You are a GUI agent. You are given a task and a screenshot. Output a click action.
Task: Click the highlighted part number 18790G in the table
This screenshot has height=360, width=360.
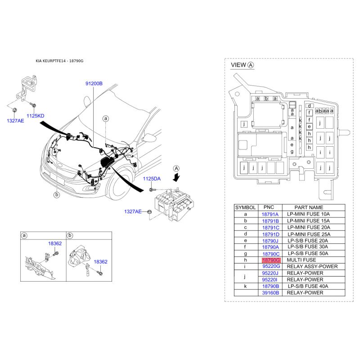[271, 260]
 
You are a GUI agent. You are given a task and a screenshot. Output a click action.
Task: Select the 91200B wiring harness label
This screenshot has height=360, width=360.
[94, 84]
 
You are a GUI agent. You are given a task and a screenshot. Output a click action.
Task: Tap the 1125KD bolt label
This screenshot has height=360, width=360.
[36, 116]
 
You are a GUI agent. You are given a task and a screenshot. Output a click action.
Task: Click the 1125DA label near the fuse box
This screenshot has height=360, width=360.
[152, 179]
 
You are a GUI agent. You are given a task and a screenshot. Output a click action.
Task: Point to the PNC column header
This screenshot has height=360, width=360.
[269, 207]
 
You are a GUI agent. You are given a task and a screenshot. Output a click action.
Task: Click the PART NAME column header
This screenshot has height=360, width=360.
[309, 207]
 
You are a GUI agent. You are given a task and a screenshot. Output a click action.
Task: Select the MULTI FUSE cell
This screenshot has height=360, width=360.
[301, 260]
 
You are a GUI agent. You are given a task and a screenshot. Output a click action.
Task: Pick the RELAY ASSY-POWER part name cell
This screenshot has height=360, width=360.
[312, 266]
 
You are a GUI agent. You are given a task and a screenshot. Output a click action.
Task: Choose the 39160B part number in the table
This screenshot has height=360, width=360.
[271, 293]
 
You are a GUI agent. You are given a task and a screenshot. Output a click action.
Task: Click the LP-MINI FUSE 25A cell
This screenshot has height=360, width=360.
[309, 234]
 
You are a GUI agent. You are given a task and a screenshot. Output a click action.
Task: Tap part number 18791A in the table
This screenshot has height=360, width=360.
[270, 215]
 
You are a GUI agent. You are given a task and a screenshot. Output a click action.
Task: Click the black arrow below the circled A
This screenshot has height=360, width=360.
[176, 177]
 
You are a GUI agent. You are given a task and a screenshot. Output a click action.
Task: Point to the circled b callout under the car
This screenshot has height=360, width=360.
[57, 195]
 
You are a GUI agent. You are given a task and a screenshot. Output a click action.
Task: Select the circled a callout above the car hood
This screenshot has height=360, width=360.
[106, 118]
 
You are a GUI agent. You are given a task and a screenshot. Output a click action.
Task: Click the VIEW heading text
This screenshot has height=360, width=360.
[238, 65]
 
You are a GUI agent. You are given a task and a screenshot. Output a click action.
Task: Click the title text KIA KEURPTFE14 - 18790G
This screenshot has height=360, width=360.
[59, 61]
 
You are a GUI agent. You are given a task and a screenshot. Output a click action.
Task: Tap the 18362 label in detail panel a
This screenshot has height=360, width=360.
[55, 243]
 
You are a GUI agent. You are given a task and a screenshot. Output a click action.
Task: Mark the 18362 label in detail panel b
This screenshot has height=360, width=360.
[100, 262]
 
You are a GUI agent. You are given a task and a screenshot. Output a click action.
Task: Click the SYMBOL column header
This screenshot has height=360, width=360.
[245, 207]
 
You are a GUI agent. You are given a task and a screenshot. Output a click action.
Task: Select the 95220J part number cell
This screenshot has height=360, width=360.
[270, 273]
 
